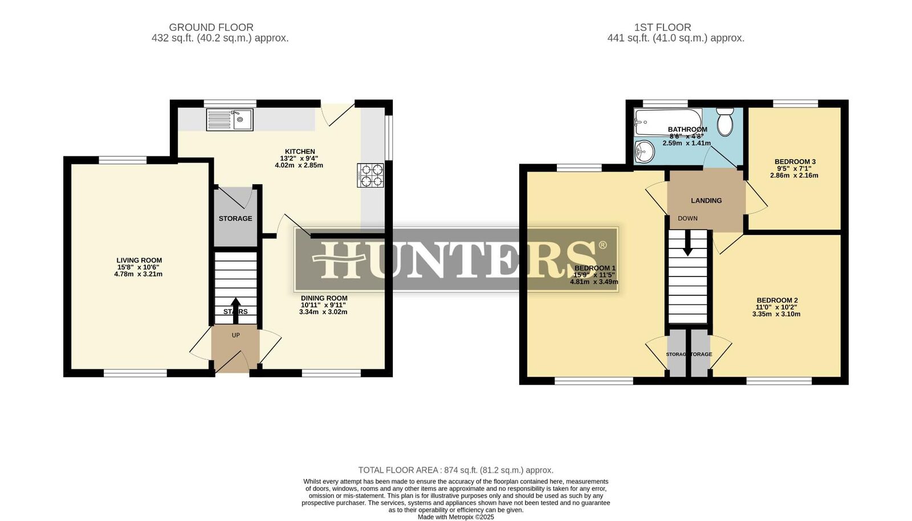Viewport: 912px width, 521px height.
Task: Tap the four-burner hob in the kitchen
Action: click(370, 175)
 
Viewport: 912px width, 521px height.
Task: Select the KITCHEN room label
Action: click(300, 152)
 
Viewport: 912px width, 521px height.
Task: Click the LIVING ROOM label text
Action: click(139, 260)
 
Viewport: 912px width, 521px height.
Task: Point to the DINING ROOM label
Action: click(324, 298)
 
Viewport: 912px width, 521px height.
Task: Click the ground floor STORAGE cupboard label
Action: click(235, 219)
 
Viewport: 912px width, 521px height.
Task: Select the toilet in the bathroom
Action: click(725, 121)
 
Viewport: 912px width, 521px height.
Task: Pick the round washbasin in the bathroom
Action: click(645, 151)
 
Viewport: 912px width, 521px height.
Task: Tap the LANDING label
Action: click(706, 201)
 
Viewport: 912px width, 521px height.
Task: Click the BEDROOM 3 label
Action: click(795, 162)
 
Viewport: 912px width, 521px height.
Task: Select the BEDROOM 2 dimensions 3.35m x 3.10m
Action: click(776, 314)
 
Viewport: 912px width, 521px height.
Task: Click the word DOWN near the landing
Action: click(687, 218)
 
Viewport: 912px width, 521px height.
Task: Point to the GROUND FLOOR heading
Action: click(211, 27)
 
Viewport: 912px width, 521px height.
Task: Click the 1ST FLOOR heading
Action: click(662, 27)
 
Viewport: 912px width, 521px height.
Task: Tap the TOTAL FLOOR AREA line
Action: click(455, 470)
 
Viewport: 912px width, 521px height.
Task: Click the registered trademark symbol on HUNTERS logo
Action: click(602, 246)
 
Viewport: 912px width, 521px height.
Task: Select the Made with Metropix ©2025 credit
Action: click(455, 517)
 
